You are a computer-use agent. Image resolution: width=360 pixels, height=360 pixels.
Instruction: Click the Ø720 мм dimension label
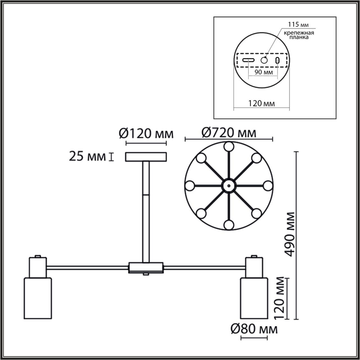[229, 133]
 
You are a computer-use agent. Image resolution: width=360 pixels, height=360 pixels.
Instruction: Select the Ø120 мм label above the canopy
[146, 134]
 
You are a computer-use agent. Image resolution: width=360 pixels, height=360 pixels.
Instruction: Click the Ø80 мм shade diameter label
[254, 329]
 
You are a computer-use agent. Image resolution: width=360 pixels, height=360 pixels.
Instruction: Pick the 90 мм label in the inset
[263, 72]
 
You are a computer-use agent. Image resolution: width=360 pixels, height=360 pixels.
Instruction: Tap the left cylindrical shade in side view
[37, 298]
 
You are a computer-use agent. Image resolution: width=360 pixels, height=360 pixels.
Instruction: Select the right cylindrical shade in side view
[254, 298]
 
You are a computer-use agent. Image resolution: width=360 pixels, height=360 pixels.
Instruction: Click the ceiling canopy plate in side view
[146, 157]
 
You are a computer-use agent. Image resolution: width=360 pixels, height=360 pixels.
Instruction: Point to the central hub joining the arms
[146, 267]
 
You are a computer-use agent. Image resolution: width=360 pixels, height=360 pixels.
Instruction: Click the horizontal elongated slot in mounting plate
[248, 60]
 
